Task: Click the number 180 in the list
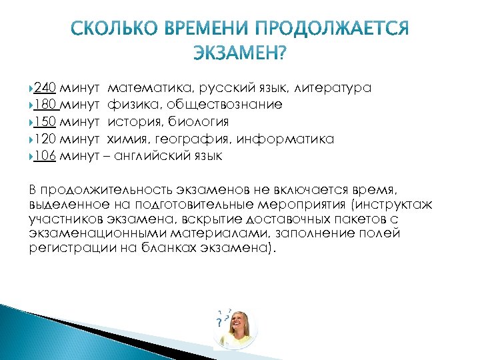[44, 105]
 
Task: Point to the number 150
[44, 122]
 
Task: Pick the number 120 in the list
[44, 139]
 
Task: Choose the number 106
[44, 157]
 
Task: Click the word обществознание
[225, 105]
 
